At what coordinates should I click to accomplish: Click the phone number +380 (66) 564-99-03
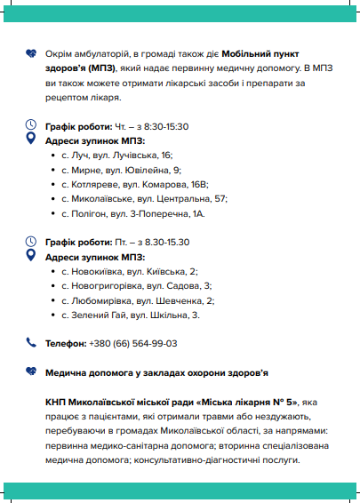pos(132,343)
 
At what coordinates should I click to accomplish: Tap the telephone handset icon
pos(31,342)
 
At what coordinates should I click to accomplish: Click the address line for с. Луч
pos(117,155)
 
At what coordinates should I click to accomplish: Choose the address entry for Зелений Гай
pos(131,315)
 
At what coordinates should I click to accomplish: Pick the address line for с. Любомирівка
pos(138,300)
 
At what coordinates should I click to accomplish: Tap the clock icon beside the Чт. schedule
pos(32,124)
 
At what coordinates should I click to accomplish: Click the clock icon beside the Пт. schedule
pos(32,240)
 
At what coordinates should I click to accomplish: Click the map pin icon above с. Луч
pos(32,140)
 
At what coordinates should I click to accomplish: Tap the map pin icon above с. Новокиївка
pos(32,255)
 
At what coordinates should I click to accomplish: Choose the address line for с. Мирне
pos(121,169)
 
